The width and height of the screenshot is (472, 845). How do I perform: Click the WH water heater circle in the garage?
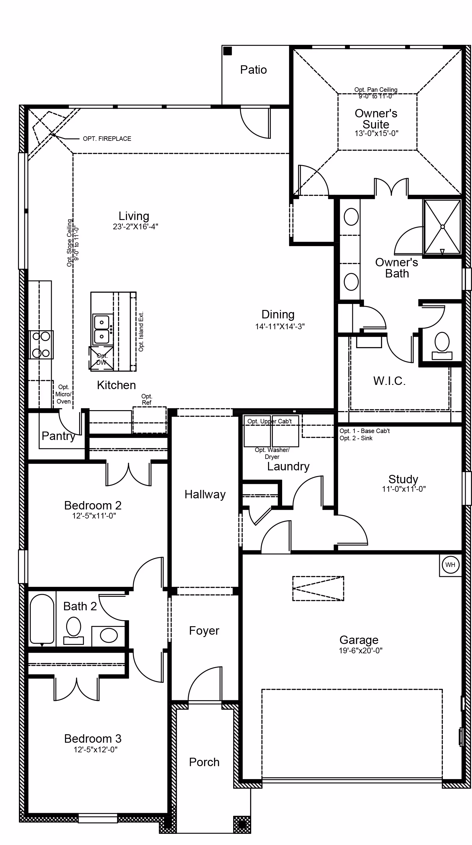coord(450,565)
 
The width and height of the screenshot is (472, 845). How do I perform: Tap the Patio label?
coord(253,70)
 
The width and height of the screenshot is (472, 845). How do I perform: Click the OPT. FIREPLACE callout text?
coord(107,139)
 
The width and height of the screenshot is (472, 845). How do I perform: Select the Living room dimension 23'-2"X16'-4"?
coord(135,226)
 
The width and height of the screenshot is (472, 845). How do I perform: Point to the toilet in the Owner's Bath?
coord(442,345)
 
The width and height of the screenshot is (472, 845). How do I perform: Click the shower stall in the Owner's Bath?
coord(443,227)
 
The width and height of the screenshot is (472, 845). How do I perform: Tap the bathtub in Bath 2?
coord(42,619)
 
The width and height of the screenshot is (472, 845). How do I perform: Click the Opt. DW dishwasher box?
coord(101,359)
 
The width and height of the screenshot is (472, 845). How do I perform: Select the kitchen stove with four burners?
coord(41,345)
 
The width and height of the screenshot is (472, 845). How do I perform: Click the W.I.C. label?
coord(389,381)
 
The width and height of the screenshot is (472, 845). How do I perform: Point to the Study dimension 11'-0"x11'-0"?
coord(404,489)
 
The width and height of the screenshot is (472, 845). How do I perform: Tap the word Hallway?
coord(205,494)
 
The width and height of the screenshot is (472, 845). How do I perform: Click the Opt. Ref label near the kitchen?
coord(147,399)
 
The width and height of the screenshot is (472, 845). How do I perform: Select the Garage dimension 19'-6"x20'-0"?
coord(360,651)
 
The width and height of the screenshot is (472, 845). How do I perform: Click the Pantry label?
coord(58,436)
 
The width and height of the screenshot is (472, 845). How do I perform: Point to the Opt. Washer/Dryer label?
coord(272,453)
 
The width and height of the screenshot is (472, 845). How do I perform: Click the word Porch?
coord(204,762)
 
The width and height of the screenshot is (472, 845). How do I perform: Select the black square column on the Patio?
coord(227,51)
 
